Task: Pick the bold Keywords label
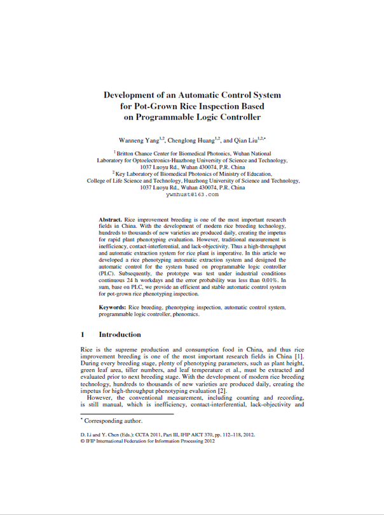(113, 307)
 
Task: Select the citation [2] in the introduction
(222, 391)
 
